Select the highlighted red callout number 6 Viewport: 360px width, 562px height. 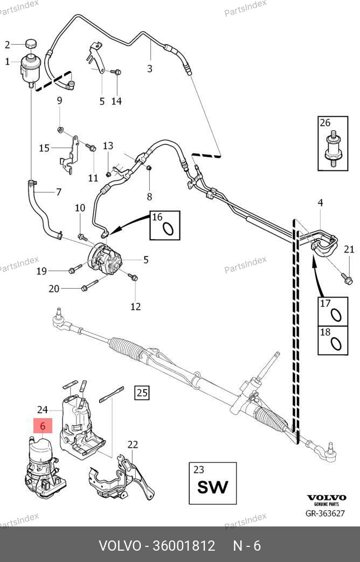[x=43, y=426]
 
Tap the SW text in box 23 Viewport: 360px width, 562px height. [x=212, y=487]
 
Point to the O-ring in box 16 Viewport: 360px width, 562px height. [x=168, y=229]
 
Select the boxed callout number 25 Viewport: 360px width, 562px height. [x=141, y=392]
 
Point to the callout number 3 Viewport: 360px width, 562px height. [x=149, y=68]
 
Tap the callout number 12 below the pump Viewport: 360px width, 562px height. [x=135, y=306]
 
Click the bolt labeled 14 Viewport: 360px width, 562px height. [x=117, y=72]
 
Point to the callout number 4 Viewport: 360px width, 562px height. [x=320, y=203]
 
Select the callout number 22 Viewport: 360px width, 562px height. [x=133, y=445]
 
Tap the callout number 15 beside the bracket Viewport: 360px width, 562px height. [x=44, y=148]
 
